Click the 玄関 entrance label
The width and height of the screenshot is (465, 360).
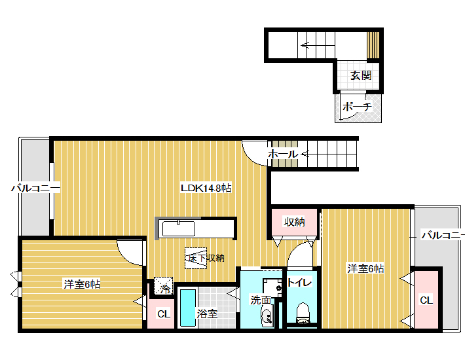361,75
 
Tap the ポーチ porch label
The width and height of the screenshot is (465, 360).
357,107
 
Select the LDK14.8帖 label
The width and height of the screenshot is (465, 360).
206,188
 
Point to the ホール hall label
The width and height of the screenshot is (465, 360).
283,154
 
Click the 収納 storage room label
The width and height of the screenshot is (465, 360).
294,222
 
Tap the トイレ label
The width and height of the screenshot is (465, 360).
299,282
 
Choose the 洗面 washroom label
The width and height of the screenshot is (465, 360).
261,300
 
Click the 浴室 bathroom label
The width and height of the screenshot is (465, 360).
207,314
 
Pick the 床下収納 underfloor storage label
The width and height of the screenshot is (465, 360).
205,258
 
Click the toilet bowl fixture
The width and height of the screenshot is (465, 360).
303,313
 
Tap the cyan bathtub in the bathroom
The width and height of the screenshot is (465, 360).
188,308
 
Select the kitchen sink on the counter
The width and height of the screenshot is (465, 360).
179,228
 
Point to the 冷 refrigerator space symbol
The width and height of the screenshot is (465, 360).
163,286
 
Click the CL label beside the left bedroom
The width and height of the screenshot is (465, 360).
163,314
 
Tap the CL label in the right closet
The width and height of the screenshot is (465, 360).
426,300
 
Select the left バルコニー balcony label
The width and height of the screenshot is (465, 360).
35,188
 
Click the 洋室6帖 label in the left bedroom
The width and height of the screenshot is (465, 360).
82,284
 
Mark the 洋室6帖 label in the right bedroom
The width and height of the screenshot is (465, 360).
365,268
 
